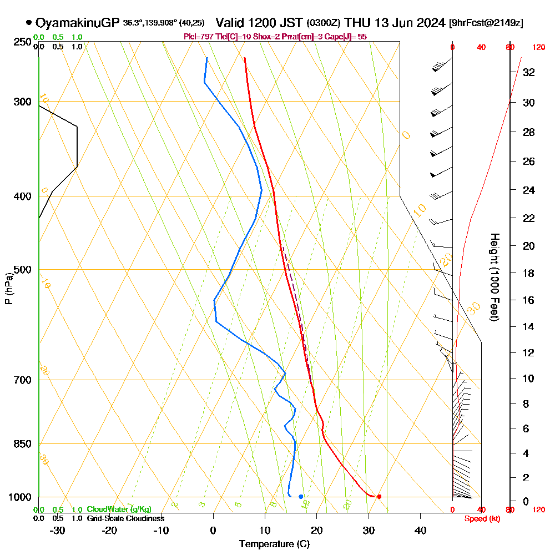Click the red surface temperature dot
379,496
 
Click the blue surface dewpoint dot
301,496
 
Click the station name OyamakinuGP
77,23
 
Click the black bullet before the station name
28,23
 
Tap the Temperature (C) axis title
274,544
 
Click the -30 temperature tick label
58,531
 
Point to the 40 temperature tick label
420,531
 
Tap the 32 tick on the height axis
529,72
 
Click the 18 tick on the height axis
529,273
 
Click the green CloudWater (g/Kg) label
119,509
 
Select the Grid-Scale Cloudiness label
125,518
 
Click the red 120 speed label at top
538,48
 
